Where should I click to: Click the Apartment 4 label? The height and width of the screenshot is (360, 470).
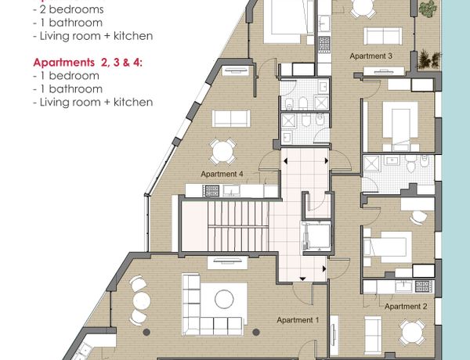click(x=222, y=174)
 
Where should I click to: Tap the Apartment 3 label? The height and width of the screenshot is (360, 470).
click(x=371, y=56)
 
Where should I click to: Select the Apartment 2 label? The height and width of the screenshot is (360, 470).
click(x=406, y=306)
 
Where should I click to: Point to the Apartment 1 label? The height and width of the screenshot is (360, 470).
click(x=298, y=320)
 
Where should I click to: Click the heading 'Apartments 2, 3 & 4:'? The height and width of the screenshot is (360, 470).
click(x=88, y=63)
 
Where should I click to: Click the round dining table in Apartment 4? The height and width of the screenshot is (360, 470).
click(x=222, y=152)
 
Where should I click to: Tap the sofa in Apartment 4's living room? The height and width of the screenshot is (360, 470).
click(x=231, y=119)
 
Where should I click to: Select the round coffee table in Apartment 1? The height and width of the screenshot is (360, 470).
click(x=224, y=299)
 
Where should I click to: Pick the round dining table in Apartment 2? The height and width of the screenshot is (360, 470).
click(x=412, y=332)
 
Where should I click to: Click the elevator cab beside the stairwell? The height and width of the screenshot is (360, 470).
click(x=316, y=236)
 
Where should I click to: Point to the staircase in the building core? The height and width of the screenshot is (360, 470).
click(x=225, y=226)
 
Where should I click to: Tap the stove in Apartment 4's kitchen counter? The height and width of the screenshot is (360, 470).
click(x=211, y=191)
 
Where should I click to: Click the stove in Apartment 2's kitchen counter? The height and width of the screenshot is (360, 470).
click(x=424, y=286)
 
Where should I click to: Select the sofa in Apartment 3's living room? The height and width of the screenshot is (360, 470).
click(x=383, y=36)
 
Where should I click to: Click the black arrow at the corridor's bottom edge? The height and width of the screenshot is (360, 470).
click(x=302, y=279)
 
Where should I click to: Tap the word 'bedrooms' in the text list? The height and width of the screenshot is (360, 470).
click(x=76, y=9)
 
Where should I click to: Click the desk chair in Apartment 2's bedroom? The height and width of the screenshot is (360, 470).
click(x=419, y=217)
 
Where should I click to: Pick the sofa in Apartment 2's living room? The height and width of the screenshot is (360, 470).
click(x=373, y=335)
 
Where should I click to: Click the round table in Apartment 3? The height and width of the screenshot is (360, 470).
click(x=363, y=6)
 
